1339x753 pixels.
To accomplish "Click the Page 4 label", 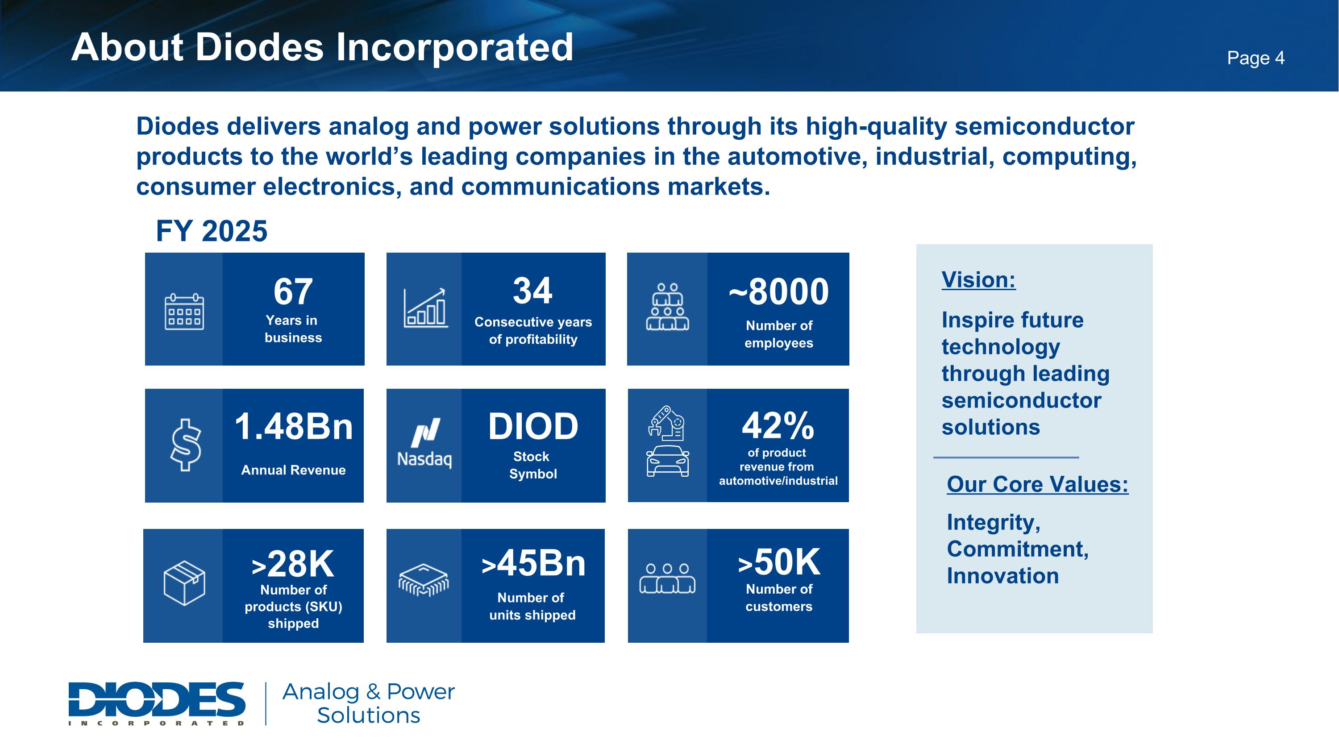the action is click(x=1255, y=58).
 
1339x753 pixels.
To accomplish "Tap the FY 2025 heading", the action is click(x=212, y=231).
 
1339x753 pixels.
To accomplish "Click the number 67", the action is click(x=293, y=291).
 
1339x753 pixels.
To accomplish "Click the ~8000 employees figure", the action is click(x=779, y=291).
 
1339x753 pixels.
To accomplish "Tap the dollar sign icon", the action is click(x=186, y=445).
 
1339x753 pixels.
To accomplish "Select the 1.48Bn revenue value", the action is click(x=294, y=427).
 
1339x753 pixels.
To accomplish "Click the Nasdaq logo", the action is click(x=424, y=443).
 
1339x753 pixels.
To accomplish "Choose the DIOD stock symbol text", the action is click(x=533, y=427).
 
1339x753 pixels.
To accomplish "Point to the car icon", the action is click(x=668, y=461).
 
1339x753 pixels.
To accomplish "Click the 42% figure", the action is click(x=778, y=426).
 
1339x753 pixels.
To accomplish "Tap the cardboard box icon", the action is click(x=184, y=583).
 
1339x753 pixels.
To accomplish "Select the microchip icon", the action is click(x=424, y=580).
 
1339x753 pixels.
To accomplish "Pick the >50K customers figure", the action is click(x=779, y=562).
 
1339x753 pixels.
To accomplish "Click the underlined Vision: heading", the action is click(x=978, y=280).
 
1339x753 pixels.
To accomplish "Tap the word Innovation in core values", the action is click(x=1003, y=576).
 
